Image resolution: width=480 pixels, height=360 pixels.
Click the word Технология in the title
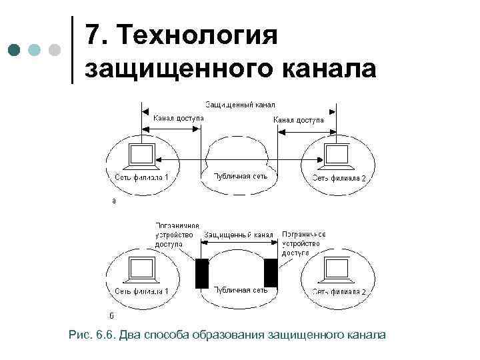click(x=197, y=35)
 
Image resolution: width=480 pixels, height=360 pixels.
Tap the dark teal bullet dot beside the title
click(x=14, y=50)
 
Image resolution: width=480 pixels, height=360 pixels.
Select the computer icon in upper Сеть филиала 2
click(x=337, y=155)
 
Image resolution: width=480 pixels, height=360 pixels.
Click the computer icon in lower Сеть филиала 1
click(x=141, y=269)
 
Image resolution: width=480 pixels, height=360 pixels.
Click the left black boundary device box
click(x=201, y=273)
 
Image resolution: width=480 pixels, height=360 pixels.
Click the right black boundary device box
click(x=271, y=273)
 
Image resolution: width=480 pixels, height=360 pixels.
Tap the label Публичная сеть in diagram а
click(x=240, y=177)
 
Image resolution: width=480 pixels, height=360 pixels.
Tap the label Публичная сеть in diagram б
click(x=240, y=290)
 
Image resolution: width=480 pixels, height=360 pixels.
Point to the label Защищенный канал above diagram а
click(x=240, y=105)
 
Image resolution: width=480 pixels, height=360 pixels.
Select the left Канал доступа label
click(x=179, y=119)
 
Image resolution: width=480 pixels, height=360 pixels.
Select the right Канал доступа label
click(x=299, y=120)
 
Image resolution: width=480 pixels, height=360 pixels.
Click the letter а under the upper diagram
click(x=113, y=199)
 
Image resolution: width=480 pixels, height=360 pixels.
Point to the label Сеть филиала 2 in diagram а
click(x=339, y=178)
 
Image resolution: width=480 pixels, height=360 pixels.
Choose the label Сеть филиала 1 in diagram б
click(x=142, y=292)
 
